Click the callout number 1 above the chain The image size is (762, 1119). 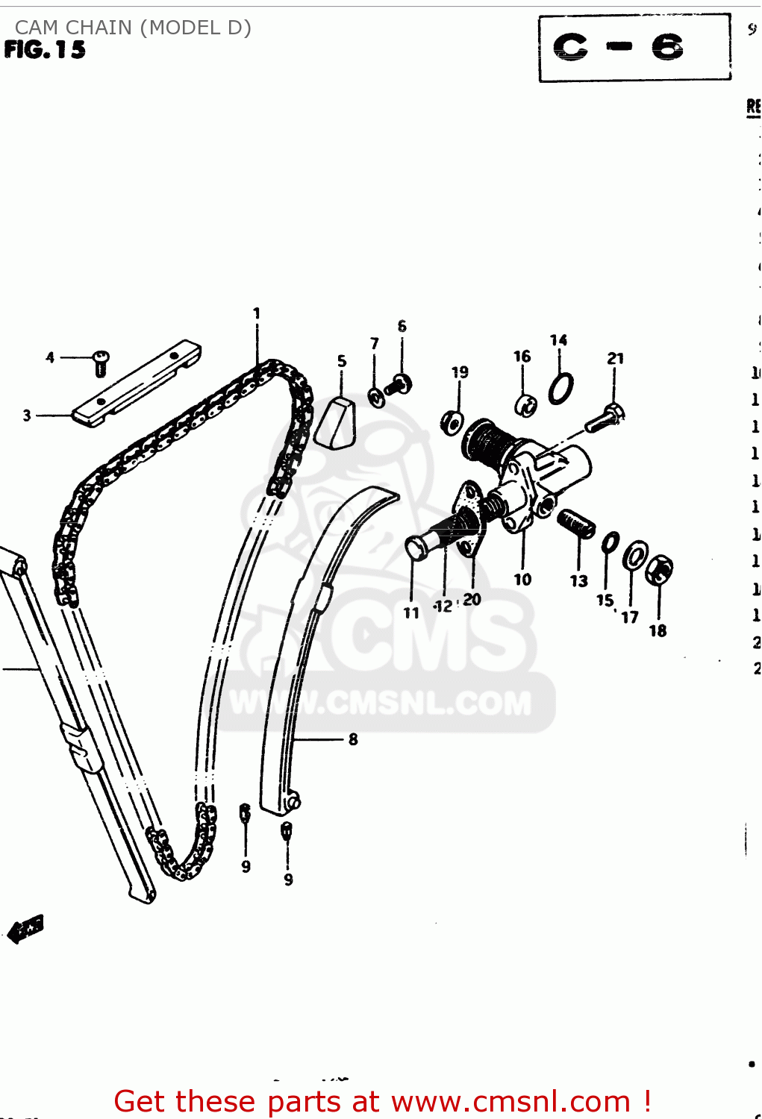tap(257, 313)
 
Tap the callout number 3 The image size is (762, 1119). tap(27, 416)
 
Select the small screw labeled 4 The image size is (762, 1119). tap(101, 363)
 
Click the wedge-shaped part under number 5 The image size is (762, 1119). tap(335, 424)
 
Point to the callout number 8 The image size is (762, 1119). tap(353, 739)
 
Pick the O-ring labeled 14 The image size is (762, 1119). tap(560, 388)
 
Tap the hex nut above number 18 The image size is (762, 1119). tap(659, 571)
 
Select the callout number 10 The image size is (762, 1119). tap(522, 580)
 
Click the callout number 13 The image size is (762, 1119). tap(579, 581)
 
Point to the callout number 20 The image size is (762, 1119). tap(472, 599)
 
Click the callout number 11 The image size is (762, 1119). tap(411, 613)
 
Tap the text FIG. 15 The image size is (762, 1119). tap(45, 50)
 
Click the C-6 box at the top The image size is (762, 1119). tap(634, 48)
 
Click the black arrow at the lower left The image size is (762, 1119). tap(26, 928)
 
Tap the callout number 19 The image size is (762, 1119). tap(460, 372)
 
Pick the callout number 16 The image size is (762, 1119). tap(522, 357)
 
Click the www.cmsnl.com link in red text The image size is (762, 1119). tap(510, 1101)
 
